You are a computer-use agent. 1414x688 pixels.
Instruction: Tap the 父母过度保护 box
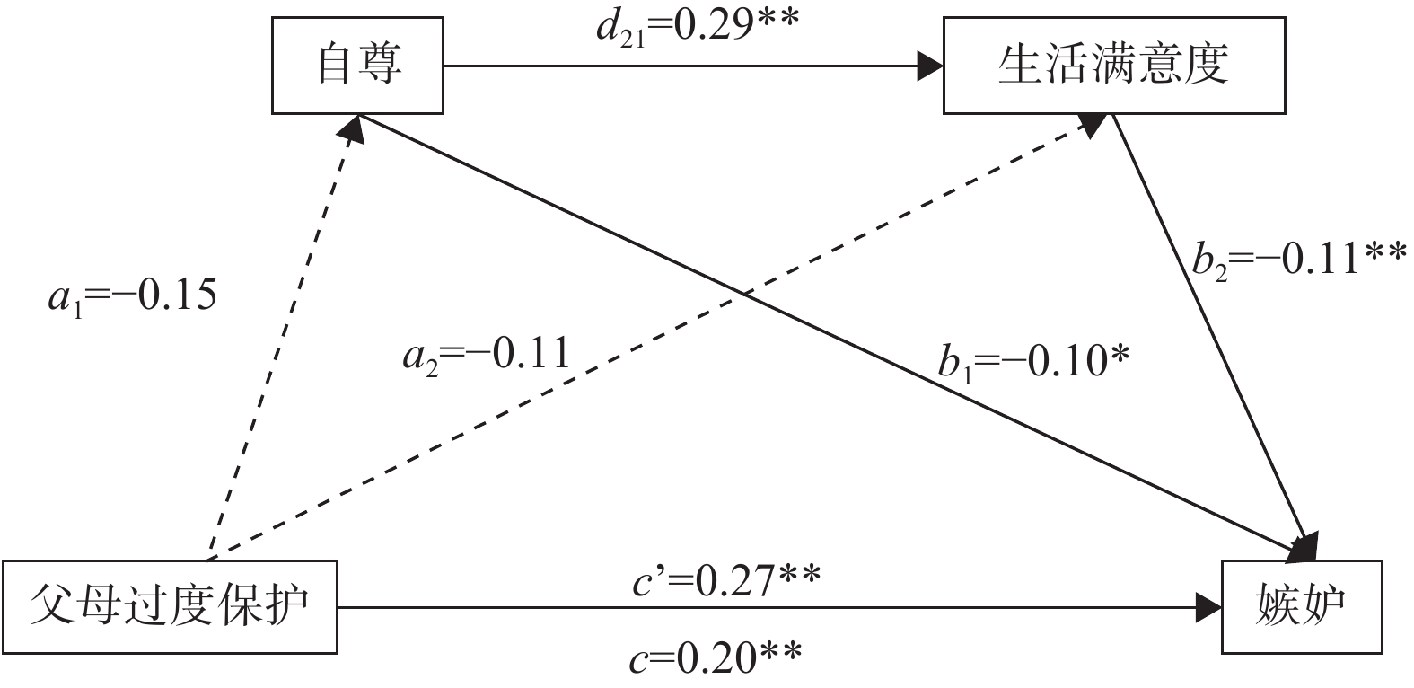[170, 606]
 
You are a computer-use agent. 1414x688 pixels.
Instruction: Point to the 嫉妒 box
[1301, 606]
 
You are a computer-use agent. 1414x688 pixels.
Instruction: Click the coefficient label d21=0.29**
[695, 26]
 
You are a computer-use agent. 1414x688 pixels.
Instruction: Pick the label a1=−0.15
[132, 295]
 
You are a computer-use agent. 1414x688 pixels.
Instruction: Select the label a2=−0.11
[486, 354]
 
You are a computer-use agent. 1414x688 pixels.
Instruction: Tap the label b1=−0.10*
[1033, 362]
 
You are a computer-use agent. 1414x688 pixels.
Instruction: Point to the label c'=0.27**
[725, 581]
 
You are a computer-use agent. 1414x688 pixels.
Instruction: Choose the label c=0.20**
[715, 660]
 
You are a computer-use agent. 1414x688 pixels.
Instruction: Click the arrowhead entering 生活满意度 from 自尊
[931, 66]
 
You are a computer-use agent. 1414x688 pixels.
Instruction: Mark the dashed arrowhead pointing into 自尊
[354, 128]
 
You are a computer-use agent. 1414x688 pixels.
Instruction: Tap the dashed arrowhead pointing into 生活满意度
[1093, 124]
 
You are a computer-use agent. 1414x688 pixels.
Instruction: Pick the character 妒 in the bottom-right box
[1323, 606]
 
